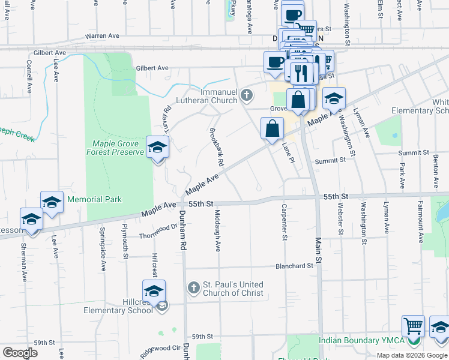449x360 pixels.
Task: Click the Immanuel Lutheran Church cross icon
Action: pyautogui.click(x=246, y=95)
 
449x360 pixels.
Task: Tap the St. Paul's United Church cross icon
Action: pyautogui.click(x=193, y=288)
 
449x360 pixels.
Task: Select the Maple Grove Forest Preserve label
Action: pyautogui.click(x=118, y=148)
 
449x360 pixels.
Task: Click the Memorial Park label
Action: pyautogui.click(x=94, y=199)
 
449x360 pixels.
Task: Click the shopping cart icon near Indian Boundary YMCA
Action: pyautogui.click(x=413, y=327)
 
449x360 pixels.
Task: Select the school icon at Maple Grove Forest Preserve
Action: pyautogui.click(x=157, y=147)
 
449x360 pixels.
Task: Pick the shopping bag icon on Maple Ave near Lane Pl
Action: pyautogui.click(x=272, y=128)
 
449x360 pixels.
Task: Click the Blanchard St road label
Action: pyautogui.click(x=294, y=266)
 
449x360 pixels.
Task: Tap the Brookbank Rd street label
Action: pyautogui.click(x=217, y=147)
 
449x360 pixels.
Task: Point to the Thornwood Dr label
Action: pyautogui.click(x=158, y=236)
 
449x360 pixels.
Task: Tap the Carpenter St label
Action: pyautogui.click(x=283, y=222)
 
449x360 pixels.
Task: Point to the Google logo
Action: pyautogui.click(x=20, y=353)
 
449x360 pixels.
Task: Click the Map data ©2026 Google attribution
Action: pyautogui.click(x=412, y=355)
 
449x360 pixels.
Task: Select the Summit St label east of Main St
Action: pyautogui.click(x=331, y=161)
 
